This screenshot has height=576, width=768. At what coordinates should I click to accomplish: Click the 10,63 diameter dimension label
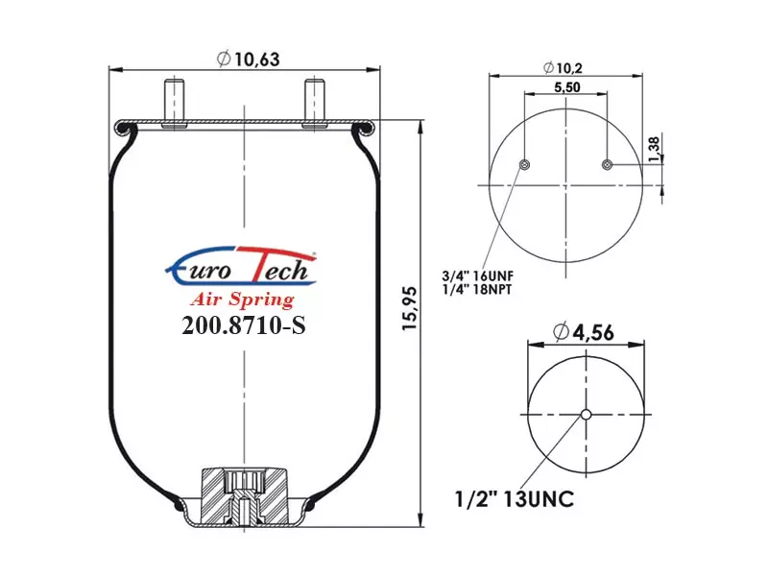click(x=248, y=60)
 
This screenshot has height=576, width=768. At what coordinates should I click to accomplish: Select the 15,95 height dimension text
click(x=409, y=308)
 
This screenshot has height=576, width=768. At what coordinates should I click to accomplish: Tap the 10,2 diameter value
click(x=563, y=67)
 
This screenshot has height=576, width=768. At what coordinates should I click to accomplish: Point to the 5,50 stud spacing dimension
click(x=567, y=87)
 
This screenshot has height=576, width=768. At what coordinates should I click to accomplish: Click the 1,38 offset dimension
click(x=654, y=150)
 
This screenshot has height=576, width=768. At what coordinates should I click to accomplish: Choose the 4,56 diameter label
click(x=584, y=332)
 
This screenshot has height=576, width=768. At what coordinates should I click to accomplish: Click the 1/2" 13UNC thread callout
click(x=515, y=499)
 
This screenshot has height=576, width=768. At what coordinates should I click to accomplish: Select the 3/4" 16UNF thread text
click(x=477, y=276)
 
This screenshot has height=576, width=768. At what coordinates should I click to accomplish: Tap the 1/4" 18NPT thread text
click(x=476, y=290)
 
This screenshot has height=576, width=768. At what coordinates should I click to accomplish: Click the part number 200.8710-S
click(x=244, y=324)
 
